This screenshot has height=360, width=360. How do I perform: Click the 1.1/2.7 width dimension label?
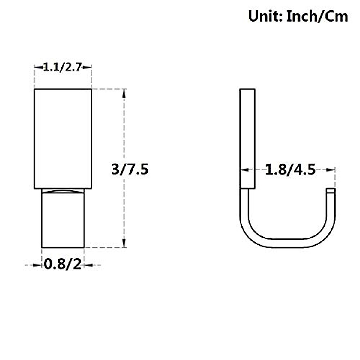(63, 67)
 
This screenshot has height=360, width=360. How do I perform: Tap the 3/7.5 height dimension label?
(130, 169)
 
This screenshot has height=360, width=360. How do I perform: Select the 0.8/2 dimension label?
(63, 265)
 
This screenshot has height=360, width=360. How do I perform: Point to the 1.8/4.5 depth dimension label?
(290, 170)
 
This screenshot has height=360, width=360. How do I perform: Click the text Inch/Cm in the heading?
(318, 17)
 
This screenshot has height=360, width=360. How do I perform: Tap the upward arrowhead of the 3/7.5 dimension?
(124, 94)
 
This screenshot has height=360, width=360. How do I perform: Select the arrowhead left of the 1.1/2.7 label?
(39, 67)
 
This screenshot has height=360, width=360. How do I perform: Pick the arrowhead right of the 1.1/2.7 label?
(87, 67)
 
